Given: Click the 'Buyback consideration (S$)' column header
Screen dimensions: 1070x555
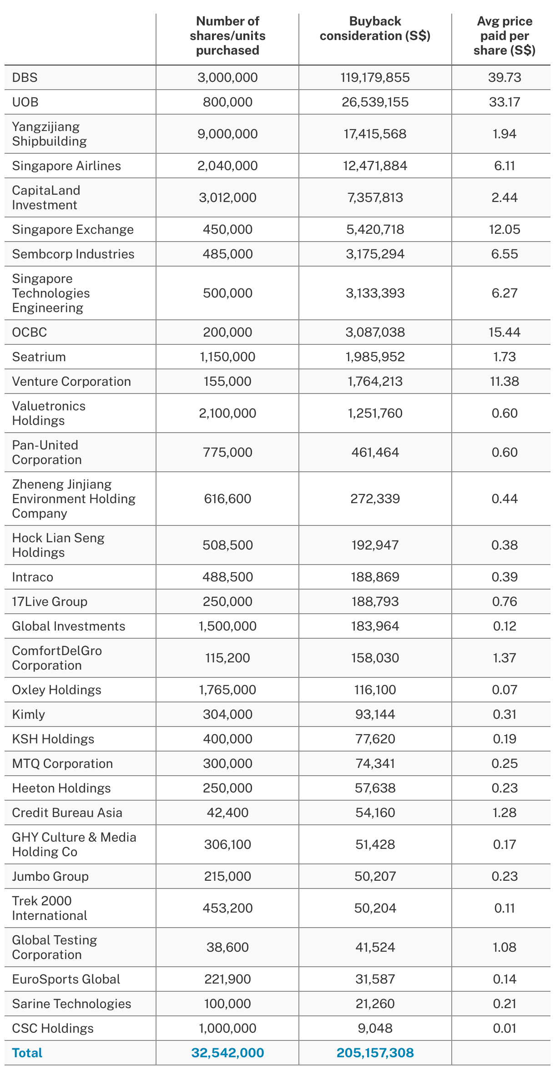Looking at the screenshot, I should [x=375, y=28].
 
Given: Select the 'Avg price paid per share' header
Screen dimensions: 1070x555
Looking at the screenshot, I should [x=504, y=35].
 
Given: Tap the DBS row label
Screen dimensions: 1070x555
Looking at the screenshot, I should [x=25, y=77].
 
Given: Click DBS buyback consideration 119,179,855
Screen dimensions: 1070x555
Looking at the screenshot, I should [x=375, y=77].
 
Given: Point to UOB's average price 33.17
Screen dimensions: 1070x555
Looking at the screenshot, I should [x=504, y=102].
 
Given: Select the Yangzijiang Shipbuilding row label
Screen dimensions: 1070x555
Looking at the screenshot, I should [x=49, y=134].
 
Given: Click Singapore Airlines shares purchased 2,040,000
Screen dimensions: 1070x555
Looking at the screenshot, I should [x=227, y=166].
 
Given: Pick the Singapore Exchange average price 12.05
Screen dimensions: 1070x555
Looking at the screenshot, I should [x=504, y=229].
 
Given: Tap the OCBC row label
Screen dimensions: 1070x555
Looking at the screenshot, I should [x=30, y=332].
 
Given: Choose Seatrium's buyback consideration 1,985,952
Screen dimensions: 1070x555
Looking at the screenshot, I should [x=375, y=357].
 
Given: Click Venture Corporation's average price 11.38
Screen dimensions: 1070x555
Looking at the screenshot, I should [x=504, y=381].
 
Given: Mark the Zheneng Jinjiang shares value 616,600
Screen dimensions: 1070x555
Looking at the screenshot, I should [x=227, y=499].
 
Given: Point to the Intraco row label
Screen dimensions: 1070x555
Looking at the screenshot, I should [x=33, y=577].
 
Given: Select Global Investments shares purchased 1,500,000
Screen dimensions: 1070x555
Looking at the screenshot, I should [x=227, y=626].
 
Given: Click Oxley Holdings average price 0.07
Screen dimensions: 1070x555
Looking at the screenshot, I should [x=504, y=690].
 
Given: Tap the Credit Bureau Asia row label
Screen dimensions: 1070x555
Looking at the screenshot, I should [x=67, y=813].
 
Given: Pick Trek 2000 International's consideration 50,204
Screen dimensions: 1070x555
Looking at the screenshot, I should [x=375, y=908].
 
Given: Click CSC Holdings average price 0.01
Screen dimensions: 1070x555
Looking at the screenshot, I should [x=504, y=1028].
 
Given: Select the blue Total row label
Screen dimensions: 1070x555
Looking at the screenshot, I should [x=27, y=1053].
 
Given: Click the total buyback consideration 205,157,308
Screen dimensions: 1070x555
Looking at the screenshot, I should [x=375, y=1053].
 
